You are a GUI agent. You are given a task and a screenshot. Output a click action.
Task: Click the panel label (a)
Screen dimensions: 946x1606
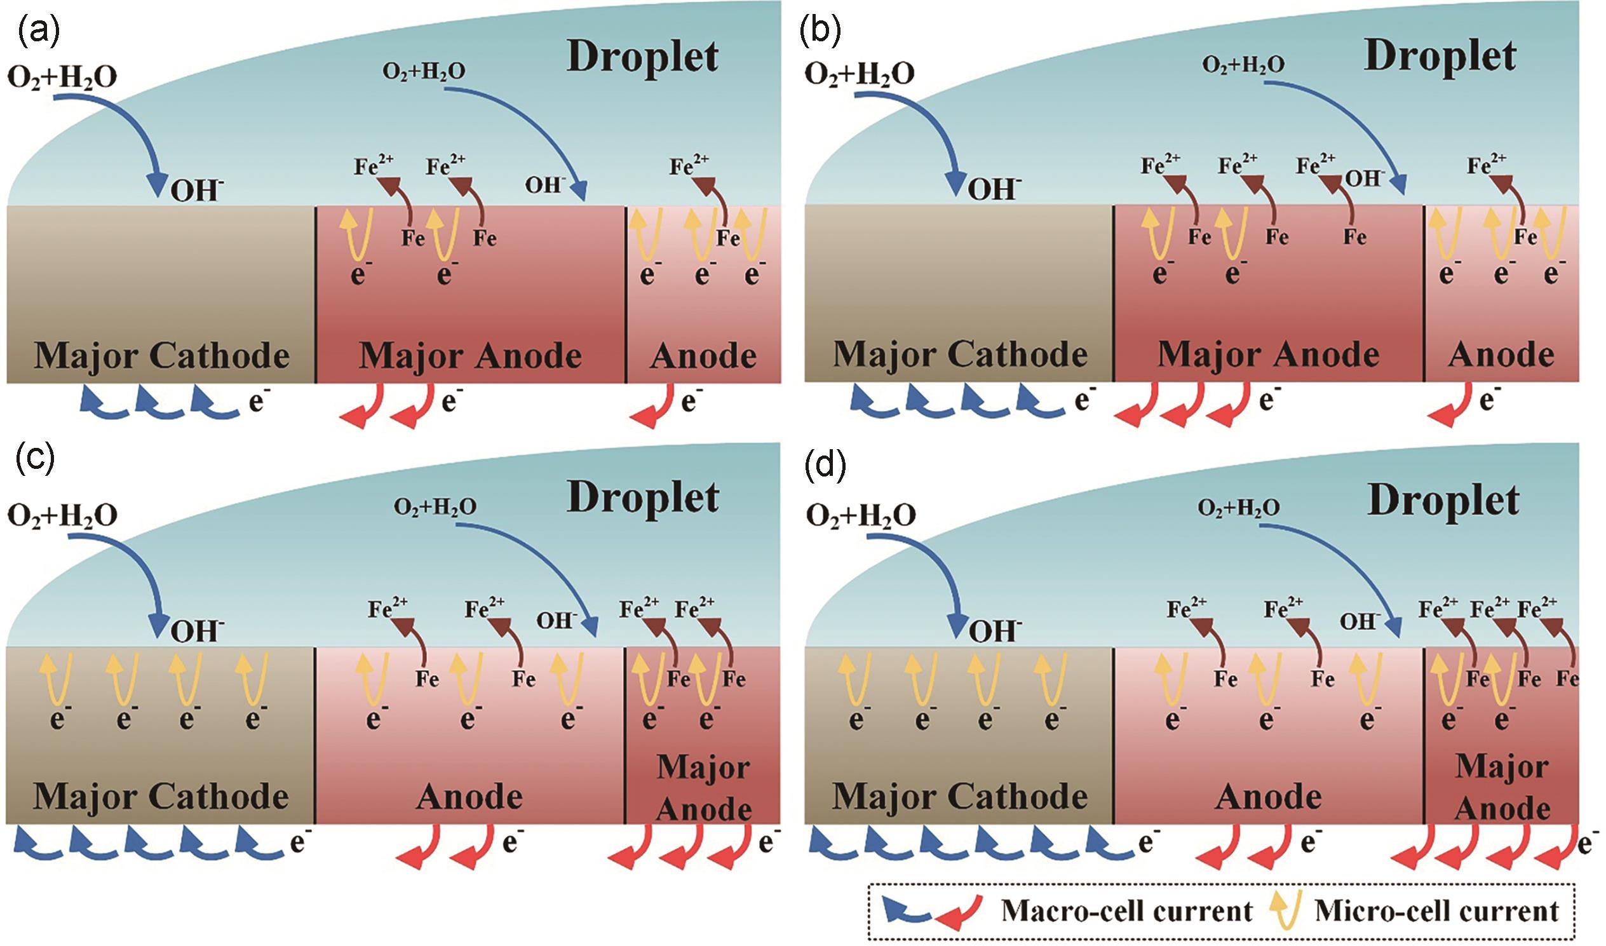click(38, 33)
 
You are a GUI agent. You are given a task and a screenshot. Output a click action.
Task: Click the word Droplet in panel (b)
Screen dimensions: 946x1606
click(1440, 56)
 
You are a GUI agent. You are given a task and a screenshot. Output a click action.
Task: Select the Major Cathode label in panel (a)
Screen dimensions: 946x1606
click(162, 356)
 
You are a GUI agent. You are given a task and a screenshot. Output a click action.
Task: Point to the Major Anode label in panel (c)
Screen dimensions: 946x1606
click(704, 788)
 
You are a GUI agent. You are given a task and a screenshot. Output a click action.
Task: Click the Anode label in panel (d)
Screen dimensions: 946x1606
click(1268, 797)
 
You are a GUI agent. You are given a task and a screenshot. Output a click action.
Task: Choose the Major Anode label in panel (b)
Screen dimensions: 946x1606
click(1268, 355)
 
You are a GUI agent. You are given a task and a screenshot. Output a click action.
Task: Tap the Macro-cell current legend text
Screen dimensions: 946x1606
click(1127, 912)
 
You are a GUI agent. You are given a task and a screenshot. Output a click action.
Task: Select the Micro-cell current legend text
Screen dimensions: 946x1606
click(1436, 912)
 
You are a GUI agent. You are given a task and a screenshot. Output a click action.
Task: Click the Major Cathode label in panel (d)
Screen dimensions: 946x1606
click(960, 797)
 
